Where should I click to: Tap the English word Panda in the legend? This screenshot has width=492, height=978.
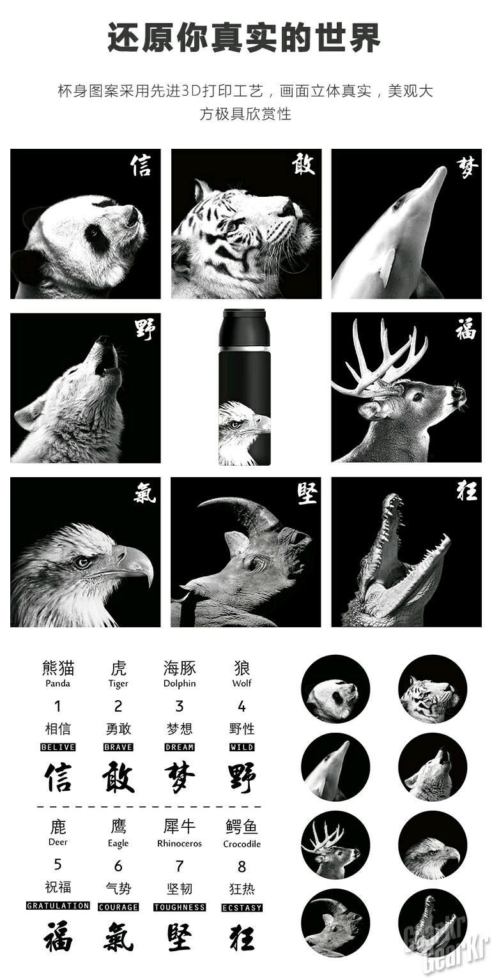tap(58, 684)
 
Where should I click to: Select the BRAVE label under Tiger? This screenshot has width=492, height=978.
tap(118, 747)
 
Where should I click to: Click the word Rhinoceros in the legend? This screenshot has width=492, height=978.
tap(180, 843)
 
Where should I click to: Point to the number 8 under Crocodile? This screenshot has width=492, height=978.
tap(242, 866)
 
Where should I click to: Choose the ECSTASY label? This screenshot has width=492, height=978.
tap(242, 908)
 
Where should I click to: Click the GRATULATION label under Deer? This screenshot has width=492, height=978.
tap(58, 906)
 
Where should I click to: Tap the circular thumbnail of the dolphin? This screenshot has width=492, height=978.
tap(335, 770)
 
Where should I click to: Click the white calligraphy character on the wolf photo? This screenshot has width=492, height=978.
tap(145, 330)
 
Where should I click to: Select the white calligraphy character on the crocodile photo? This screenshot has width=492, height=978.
tap(466, 491)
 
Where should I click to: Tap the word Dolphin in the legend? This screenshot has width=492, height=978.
tap(180, 684)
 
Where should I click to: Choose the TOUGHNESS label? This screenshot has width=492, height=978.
tap(180, 907)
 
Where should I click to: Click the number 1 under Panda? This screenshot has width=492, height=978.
tap(58, 706)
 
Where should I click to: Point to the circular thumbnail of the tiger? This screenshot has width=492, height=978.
tap(433, 689)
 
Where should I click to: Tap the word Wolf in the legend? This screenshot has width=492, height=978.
tap(242, 684)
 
